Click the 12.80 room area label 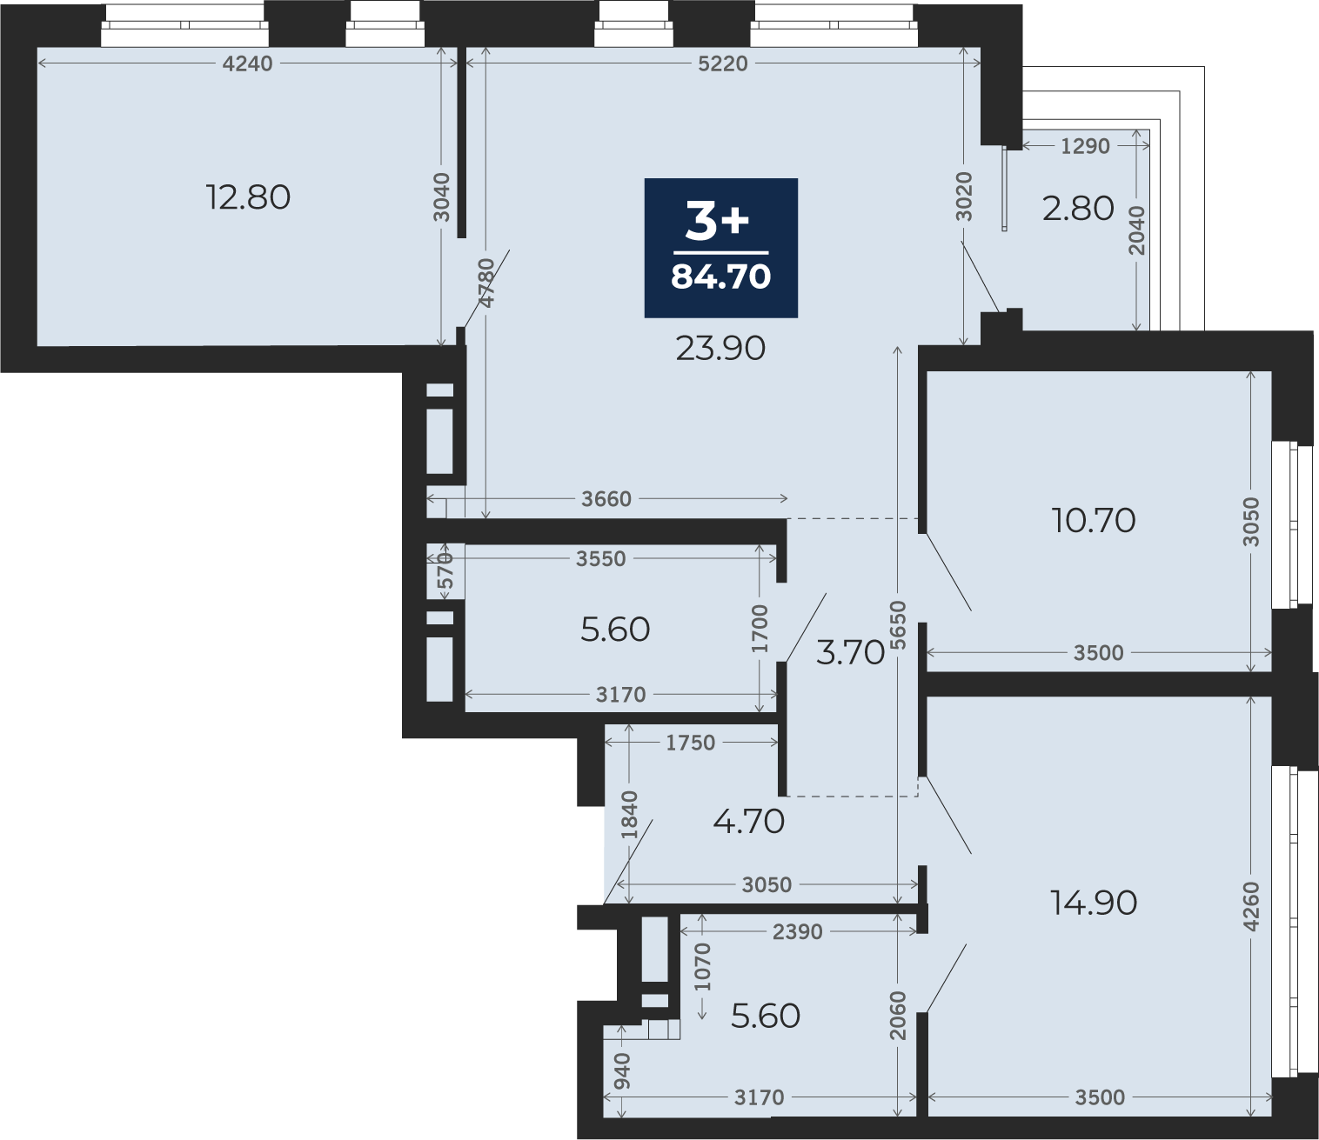pyautogui.click(x=248, y=197)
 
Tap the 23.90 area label pyautogui.click(x=720, y=349)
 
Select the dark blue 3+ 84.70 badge pyautogui.click(x=720, y=248)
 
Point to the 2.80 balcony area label pyautogui.click(x=1078, y=209)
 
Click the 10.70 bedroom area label pyautogui.click(x=1094, y=521)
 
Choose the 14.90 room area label pyautogui.click(x=1094, y=903)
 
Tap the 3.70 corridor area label pyautogui.click(x=850, y=652)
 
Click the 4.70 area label pyautogui.click(x=748, y=822)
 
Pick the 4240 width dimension pyautogui.click(x=248, y=63)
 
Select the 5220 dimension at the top pyautogui.click(x=723, y=63)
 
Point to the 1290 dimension pyautogui.click(x=1085, y=146)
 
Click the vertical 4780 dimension pyautogui.click(x=486, y=283)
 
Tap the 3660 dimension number pyautogui.click(x=606, y=499)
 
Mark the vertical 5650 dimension pyautogui.click(x=899, y=624)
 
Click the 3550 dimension pyautogui.click(x=600, y=559)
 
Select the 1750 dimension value pyautogui.click(x=690, y=743)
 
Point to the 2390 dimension pyautogui.click(x=797, y=932)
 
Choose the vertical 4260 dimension pyautogui.click(x=1251, y=906)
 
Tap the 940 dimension pyautogui.click(x=622, y=1071)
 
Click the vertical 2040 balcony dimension pyautogui.click(x=1137, y=230)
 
